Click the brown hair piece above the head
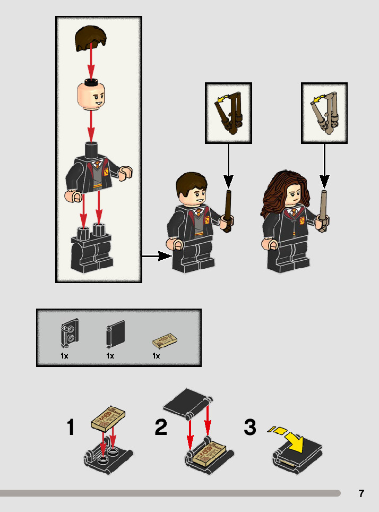(90, 39)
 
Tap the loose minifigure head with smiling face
(91, 96)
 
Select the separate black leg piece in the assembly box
(92, 248)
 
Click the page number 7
(361, 493)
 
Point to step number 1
(71, 427)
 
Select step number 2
(161, 427)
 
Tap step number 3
(250, 427)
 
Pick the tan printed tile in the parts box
(165, 341)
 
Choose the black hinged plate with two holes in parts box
(70, 333)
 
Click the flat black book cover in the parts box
(116, 334)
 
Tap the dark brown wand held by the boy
(228, 211)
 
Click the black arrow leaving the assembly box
(157, 256)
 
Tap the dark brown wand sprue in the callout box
(228, 113)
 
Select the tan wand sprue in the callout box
(324, 113)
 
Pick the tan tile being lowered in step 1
(108, 419)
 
